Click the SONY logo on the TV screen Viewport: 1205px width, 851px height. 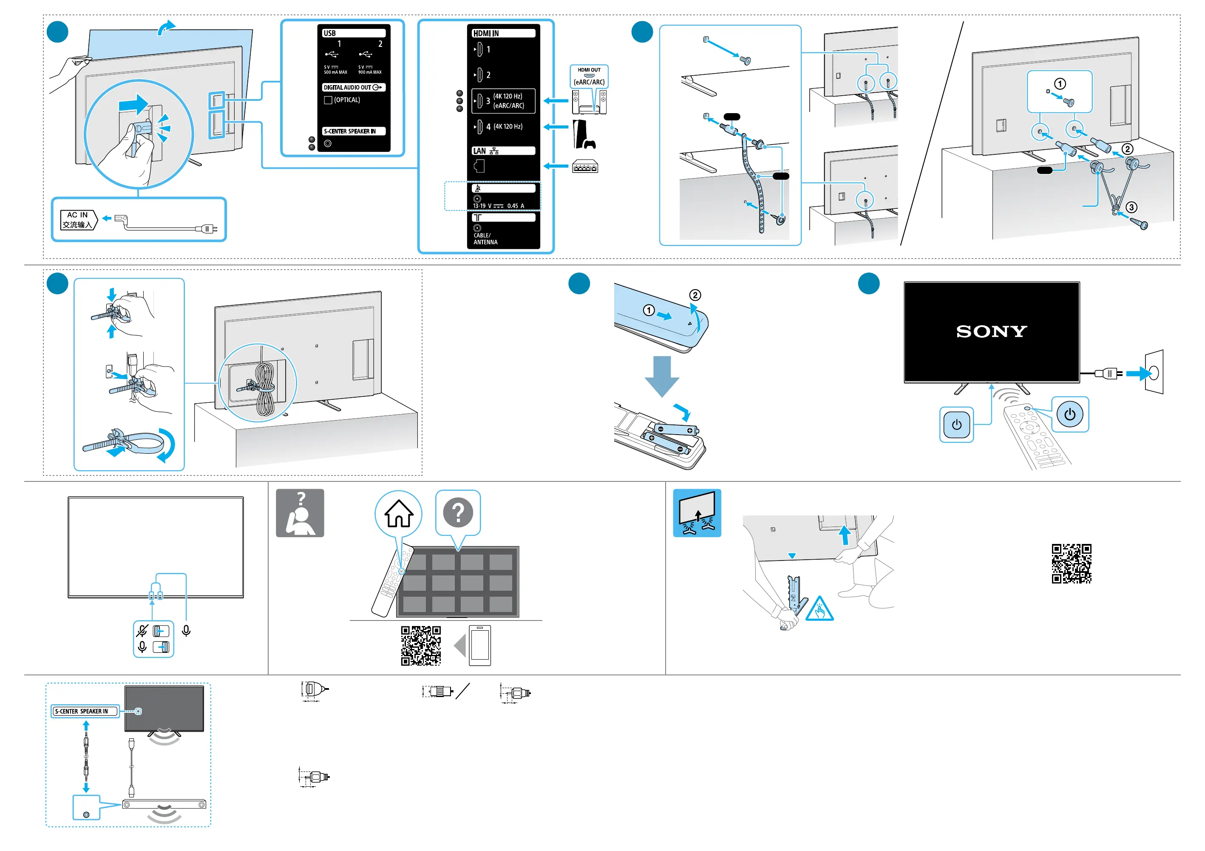[x=991, y=331]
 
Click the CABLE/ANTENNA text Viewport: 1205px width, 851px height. [x=485, y=239]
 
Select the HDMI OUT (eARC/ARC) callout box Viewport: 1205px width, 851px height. [x=589, y=76]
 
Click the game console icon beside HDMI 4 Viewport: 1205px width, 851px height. [x=584, y=134]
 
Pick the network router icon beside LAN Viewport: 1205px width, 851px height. [x=585, y=167]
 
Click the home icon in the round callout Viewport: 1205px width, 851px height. [x=399, y=513]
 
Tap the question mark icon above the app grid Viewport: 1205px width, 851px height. [x=458, y=512]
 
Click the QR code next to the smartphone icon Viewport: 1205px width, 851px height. [x=421, y=645]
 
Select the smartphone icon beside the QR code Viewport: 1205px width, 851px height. [x=480, y=645]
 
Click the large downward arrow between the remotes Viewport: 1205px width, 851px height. [x=662, y=376]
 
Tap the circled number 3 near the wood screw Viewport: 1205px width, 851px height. [x=1131, y=208]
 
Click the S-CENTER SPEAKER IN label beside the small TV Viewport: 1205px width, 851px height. [x=84, y=712]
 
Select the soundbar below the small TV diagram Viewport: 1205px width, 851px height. [x=164, y=804]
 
